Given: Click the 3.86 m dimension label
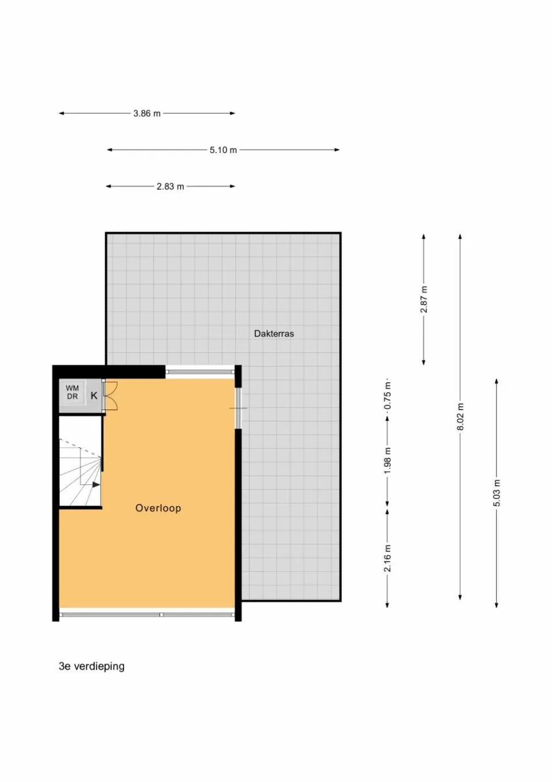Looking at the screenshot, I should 147,113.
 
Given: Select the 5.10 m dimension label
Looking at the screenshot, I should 223,150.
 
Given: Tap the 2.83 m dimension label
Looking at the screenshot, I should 170,187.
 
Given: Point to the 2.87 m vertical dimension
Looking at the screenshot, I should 424,299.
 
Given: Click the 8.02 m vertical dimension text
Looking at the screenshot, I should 460,417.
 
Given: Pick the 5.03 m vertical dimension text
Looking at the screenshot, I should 497,493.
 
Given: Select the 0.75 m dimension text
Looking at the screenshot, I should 388,396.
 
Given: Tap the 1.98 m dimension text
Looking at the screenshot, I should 388,461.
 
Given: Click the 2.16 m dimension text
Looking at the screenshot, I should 388,559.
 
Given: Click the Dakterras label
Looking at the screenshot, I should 274,333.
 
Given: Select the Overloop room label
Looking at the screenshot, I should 158,508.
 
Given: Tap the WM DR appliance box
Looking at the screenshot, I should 72,393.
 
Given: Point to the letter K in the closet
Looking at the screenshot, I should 94,396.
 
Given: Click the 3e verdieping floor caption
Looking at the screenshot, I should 91,666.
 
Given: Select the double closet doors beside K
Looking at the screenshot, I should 110,396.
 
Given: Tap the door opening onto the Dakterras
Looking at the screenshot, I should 237,408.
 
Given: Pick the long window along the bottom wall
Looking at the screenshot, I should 147,614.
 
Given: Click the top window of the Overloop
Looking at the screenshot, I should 200,372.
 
